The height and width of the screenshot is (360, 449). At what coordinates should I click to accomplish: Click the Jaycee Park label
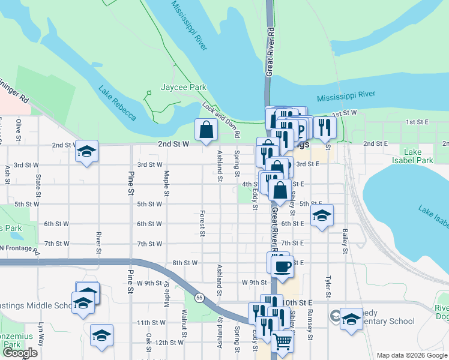(x=184, y=87)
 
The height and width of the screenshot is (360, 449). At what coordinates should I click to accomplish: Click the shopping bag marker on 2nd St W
(x=206, y=130)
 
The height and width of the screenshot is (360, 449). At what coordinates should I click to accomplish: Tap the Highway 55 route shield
(x=198, y=297)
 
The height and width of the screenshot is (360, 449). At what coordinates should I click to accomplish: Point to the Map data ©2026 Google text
(x=411, y=355)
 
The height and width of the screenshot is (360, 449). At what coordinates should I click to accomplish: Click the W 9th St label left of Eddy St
(x=254, y=282)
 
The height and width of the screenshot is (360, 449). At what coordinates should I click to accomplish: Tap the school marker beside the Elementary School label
(x=351, y=319)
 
